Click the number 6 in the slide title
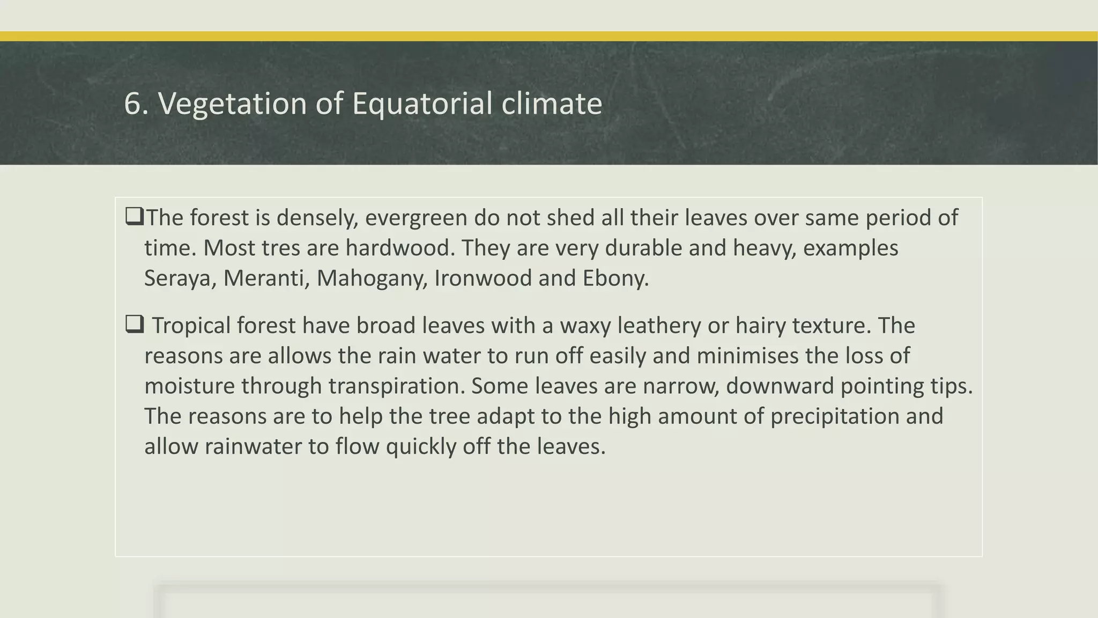[133, 104]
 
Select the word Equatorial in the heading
[422, 104]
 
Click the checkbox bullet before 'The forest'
[134, 216]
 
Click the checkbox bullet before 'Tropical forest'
[134, 324]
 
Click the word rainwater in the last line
[253, 446]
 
